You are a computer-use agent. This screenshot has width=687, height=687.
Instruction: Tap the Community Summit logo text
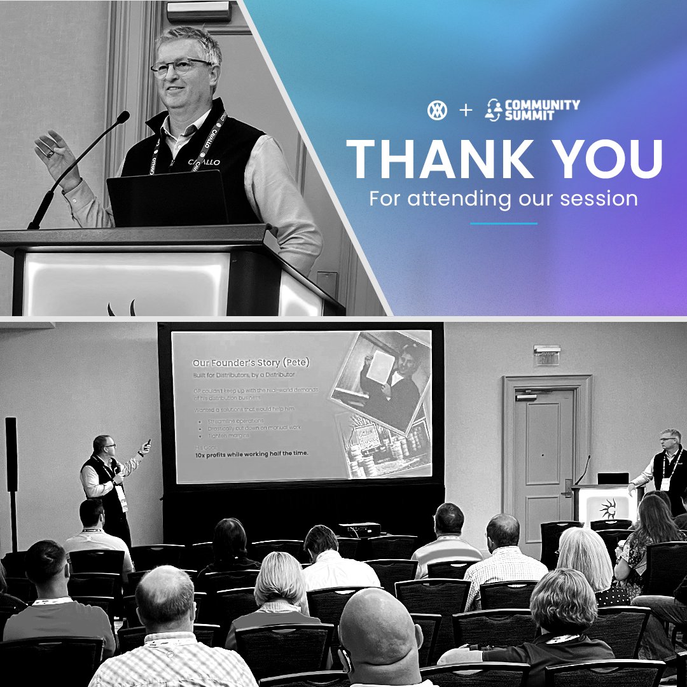(541, 109)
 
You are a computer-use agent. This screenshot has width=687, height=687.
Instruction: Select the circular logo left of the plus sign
(438, 110)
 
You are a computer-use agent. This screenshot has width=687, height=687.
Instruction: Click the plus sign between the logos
(466, 110)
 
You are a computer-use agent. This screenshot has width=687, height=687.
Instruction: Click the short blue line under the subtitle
(503, 223)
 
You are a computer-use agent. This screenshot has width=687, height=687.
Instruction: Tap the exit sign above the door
(546, 356)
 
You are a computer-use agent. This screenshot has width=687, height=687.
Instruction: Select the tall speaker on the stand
(11, 454)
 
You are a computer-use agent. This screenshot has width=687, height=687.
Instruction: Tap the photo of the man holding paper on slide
(380, 382)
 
